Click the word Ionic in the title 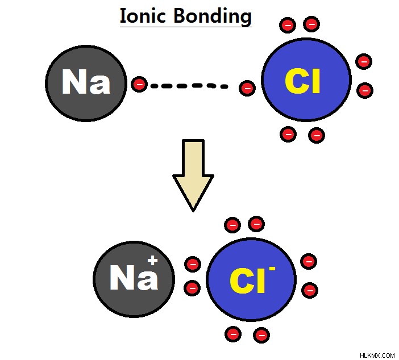pos(143,15)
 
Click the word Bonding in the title pos(213,16)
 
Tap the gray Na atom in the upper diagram pos(86,83)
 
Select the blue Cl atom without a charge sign pos(306,79)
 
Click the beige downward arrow pos(193,175)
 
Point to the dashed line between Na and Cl pos(189,86)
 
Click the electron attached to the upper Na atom pos(139,84)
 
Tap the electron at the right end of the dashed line pos(247,88)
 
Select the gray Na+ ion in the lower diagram pos(134,279)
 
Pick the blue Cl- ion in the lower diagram pos(251,279)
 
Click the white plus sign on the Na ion pos(152,261)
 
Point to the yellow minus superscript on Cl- pos(272,268)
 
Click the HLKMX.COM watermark pos(377,355)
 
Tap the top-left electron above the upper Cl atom pos(288,25)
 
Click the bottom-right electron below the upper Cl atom pos(316,135)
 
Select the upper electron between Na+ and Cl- pos(193,264)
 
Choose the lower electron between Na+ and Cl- pos(192,288)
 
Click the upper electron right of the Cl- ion pos(309,261)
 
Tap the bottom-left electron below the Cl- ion pos(233,334)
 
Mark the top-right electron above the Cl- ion pos(256,224)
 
